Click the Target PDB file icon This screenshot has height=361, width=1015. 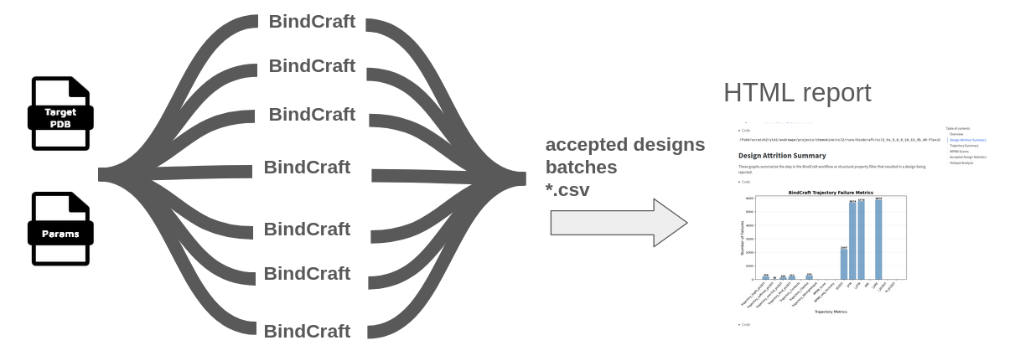pos(60,114)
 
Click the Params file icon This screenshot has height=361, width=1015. pos(60,229)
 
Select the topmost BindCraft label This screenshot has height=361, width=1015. pos(312,22)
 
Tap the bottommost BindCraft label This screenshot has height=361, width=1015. pos(307,331)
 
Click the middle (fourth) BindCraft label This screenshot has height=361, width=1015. pos(307,167)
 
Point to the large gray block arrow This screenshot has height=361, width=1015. pos(619,223)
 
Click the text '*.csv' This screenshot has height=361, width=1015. pos(567,190)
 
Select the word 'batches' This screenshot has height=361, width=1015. pos(581,168)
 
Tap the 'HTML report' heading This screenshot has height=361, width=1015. pos(796,93)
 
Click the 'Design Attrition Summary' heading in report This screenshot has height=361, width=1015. pos(782,156)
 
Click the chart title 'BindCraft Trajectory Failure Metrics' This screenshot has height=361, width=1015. pos(831,193)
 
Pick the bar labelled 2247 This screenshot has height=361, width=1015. pos(844,263)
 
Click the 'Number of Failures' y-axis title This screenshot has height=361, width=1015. pos(742,238)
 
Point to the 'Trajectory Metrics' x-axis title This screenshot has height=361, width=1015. pos(830,312)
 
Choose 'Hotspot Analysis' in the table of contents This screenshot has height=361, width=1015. pos(961,162)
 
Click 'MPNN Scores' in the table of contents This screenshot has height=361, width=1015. pos(959,152)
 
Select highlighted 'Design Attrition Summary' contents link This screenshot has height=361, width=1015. pos(967,140)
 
